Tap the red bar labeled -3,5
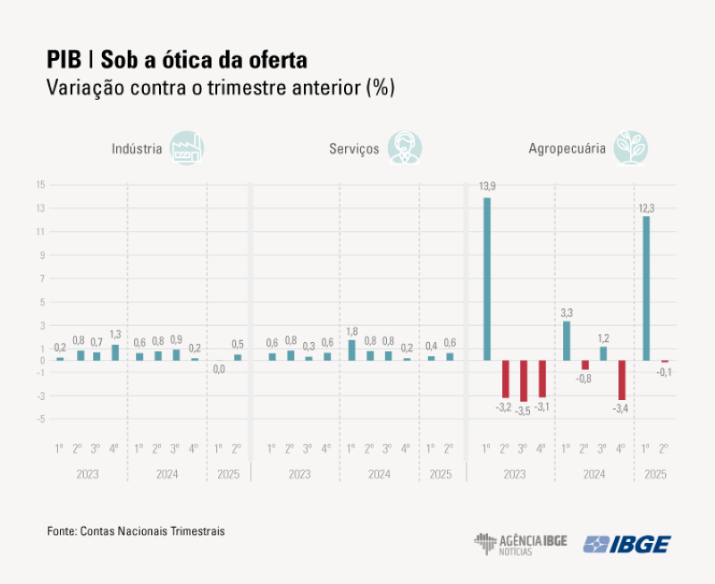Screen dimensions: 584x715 524,380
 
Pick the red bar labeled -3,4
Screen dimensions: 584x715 621,380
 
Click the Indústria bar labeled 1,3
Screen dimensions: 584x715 114,353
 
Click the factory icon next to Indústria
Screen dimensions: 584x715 189,148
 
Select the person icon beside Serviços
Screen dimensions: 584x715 405,148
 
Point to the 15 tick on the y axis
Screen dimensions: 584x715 40,185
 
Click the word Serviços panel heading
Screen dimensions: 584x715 354,149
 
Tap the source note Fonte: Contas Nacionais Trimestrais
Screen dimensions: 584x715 136,530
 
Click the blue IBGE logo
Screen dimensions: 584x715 627,544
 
